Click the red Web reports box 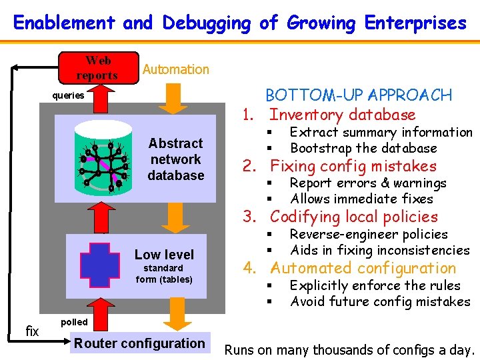(99, 67)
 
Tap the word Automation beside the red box (175, 69)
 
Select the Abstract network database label (175, 159)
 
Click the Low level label (164, 255)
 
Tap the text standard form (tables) (164, 274)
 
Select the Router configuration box (139, 343)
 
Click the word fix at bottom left (31, 330)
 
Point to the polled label (73, 322)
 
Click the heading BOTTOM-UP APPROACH (359, 95)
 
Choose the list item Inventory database (342, 115)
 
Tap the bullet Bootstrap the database (363, 148)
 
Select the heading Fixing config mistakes (353, 166)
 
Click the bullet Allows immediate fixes (361, 199)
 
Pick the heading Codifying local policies (353, 217)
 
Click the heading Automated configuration (363, 268)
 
